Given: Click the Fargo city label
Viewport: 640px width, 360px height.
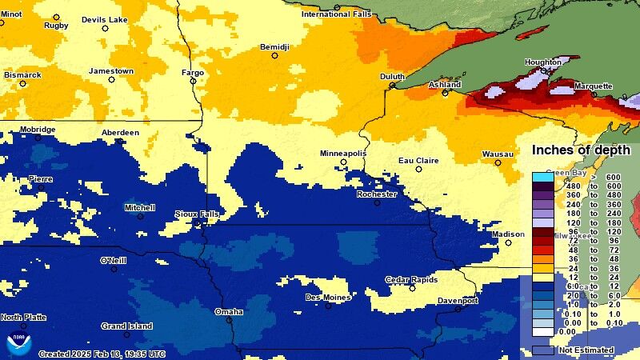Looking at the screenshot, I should pos(193,73).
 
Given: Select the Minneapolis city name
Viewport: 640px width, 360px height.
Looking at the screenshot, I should pos(343,153).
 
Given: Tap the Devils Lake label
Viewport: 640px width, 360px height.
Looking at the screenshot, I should pos(105,19).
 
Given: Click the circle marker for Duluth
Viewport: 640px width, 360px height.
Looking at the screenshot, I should pos(392,85).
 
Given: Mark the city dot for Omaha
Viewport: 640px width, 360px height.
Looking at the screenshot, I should pos(229,320).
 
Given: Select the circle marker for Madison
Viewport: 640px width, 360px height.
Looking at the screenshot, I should pos(508,242).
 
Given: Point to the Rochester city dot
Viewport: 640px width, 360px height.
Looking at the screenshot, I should pos(377,202).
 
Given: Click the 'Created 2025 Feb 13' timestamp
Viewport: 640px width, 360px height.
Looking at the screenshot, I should pos(102,354).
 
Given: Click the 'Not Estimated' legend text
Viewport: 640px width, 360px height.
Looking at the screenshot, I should pos(586,350).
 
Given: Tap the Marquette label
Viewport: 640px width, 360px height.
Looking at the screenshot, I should pos(593,86).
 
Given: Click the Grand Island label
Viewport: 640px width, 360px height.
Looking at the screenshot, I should pos(126,326).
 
